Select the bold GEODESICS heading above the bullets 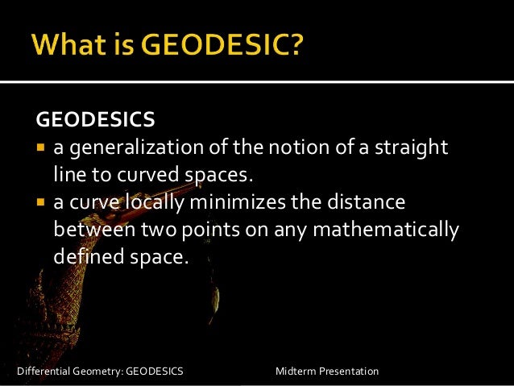point(95,121)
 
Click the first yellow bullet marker point(42,148)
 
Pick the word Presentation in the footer point(349,371)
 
